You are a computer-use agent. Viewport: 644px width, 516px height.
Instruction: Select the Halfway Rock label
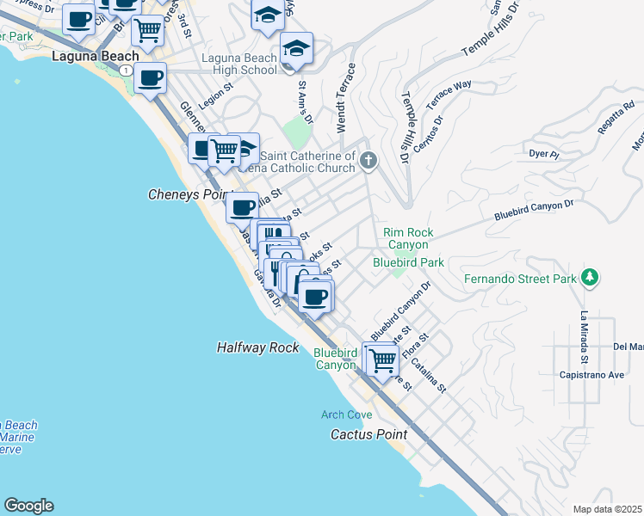(x=257, y=347)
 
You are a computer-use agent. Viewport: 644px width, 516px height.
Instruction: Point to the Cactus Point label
(x=368, y=434)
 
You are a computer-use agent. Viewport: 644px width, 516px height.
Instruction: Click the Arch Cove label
(x=347, y=415)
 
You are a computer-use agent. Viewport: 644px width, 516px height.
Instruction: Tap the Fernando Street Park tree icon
(x=590, y=278)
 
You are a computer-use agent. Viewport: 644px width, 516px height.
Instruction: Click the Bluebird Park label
(x=408, y=261)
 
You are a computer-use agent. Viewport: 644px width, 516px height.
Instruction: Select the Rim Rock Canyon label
(x=408, y=238)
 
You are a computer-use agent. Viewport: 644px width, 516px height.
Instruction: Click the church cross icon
(x=368, y=159)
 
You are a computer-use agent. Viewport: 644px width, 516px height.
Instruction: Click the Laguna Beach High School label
(x=239, y=64)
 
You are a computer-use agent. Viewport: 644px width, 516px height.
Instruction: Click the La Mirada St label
(x=584, y=336)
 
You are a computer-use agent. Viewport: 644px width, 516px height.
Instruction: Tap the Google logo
(x=28, y=506)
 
